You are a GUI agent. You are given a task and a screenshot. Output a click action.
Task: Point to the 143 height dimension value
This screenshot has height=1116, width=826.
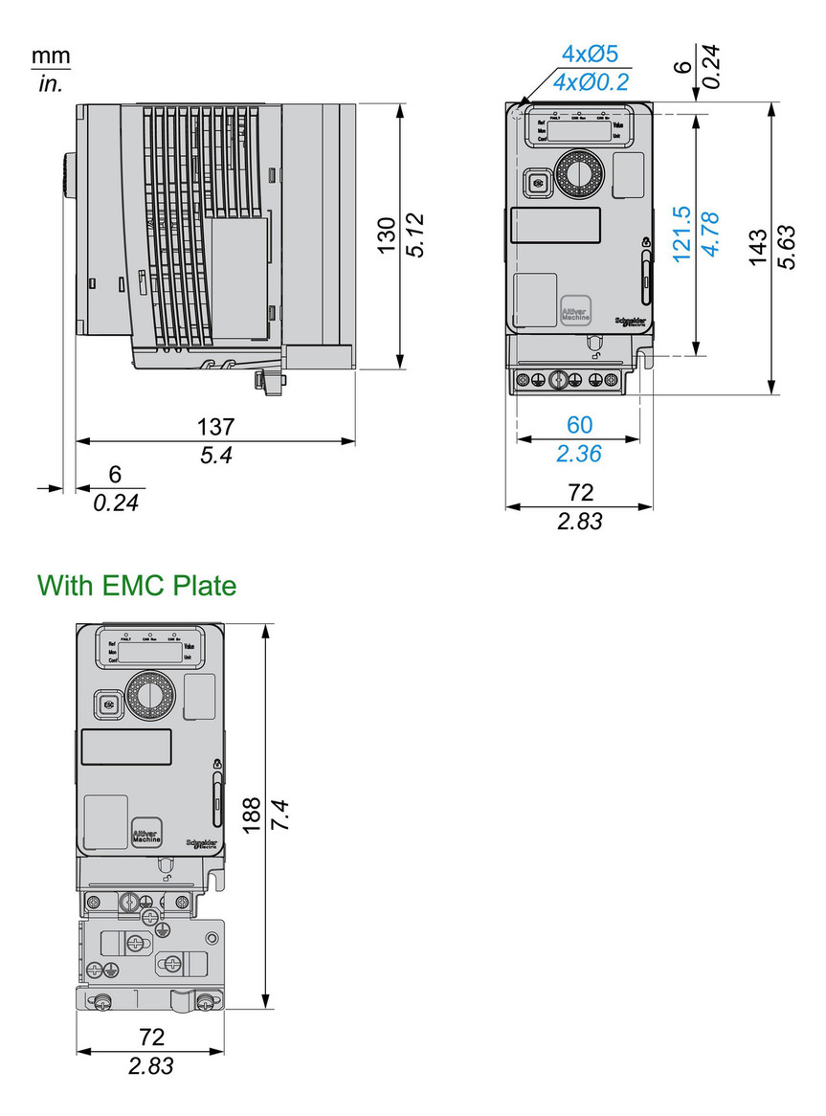[x=756, y=248]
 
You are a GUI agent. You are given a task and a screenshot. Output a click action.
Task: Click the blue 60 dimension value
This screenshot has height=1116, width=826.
[x=579, y=424]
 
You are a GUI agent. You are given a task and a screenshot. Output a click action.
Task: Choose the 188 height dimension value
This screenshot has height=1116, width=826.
[x=251, y=815]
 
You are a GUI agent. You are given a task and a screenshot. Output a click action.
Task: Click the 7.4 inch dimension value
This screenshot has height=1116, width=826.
[x=279, y=815]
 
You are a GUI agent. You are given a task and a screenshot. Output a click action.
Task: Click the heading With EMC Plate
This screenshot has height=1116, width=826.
[x=136, y=585]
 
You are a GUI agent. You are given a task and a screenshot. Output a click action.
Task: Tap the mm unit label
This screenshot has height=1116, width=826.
[x=51, y=56]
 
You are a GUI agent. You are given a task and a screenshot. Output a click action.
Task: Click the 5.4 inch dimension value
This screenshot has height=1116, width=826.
[x=216, y=456]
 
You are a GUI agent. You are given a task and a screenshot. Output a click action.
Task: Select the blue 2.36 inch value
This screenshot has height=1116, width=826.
[x=579, y=453]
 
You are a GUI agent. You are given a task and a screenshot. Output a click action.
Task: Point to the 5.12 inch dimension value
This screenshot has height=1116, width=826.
[x=413, y=235]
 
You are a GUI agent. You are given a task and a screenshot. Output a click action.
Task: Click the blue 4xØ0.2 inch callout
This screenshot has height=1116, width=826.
[x=592, y=82]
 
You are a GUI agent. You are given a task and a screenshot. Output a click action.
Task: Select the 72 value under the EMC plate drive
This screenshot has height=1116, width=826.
[x=151, y=1037]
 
